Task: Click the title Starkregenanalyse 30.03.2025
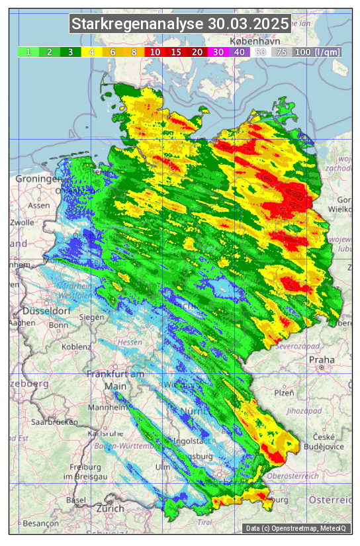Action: (x=180, y=24)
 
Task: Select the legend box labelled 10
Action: (x=156, y=52)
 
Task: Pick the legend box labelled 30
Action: (x=218, y=52)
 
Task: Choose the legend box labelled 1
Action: (x=29, y=52)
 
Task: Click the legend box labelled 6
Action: (x=113, y=52)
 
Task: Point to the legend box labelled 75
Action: (x=281, y=52)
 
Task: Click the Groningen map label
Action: (x=38, y=179)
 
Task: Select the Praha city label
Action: (x=322, y=360)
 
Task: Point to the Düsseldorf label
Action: (x=46, y=311)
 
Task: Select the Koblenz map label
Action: (x=76, y=346)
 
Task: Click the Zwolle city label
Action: (x=22, y=222)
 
